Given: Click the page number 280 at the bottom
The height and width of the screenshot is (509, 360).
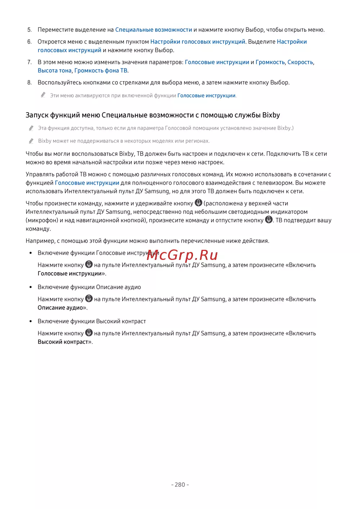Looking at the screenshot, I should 180,485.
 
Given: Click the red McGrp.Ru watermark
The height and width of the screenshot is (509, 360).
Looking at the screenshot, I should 182,255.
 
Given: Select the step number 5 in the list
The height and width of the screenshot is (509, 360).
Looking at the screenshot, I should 30,30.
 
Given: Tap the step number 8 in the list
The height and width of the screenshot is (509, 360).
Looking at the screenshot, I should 30,82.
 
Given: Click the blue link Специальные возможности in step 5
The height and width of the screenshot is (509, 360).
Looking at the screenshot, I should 153,30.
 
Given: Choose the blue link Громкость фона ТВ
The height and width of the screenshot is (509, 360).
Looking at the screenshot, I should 101,71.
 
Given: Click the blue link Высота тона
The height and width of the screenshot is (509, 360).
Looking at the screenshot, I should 54,71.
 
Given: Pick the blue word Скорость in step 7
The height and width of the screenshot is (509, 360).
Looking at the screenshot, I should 300,62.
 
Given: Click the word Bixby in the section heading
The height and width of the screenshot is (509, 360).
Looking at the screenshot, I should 271,115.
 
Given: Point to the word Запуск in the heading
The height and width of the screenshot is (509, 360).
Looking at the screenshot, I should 37,115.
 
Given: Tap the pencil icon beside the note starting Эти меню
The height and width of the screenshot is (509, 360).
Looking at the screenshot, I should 43,95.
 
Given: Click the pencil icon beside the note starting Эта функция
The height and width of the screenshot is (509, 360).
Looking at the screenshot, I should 31,128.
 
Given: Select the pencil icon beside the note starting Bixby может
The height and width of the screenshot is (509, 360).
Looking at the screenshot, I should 31,141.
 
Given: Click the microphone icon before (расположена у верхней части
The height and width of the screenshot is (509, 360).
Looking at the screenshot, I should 198,203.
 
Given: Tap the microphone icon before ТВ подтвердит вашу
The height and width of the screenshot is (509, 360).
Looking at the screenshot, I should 269,220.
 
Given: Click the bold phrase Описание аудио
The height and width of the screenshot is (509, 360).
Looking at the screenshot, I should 60,308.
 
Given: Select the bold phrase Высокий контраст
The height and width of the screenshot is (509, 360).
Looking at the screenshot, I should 63,342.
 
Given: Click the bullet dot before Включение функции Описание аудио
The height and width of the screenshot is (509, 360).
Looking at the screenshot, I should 31,287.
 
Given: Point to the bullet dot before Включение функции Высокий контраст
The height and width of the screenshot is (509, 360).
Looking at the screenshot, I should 31,321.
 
